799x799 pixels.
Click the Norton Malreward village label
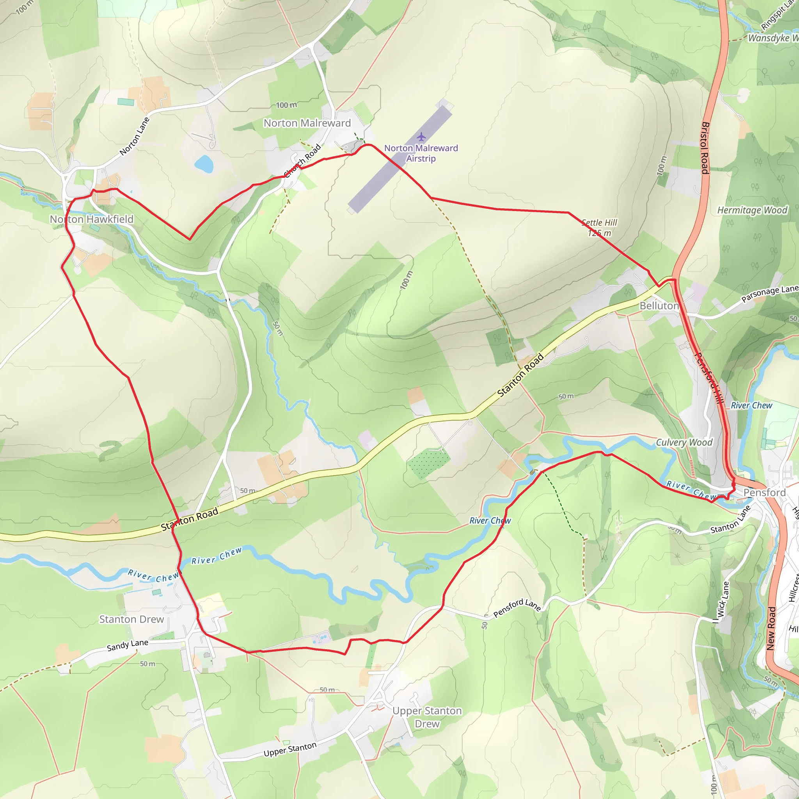point(307,123)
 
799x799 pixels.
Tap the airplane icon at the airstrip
point(421,137)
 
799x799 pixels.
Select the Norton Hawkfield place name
point(92,219)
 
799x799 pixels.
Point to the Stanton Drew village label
point(131,619)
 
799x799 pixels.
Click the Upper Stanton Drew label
point(427,717)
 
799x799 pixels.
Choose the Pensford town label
point(764,493)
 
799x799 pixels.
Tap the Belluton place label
point(659,306)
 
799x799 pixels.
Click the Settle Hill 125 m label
point(599,228)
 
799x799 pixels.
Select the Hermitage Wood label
point(752,210)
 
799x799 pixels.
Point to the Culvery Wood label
point(684,442)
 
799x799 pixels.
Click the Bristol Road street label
point(705,147)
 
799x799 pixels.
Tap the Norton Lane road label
point(135,136)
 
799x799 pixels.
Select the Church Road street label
point(303,160)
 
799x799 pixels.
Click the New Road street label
point(771,628)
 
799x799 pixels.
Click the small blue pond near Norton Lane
point(204,164)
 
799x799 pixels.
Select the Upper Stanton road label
point(290,749)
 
